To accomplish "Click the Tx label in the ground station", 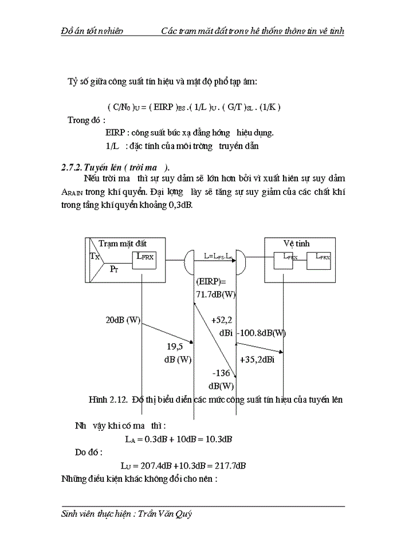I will click(x=95, y=257).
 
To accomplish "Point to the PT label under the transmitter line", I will click(x=115, y=269).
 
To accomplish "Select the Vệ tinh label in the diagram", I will click(x=298, y=243).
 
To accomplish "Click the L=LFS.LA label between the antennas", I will click(x=218, y=257).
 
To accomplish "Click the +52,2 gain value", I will click(x=221, y=320).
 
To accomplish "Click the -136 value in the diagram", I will click(x=221, y=373).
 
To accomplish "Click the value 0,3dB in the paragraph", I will click(x=179, y=205).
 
